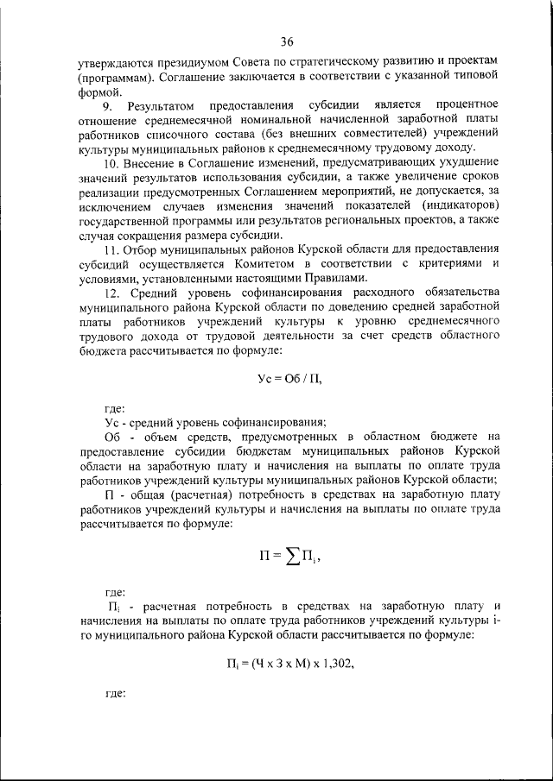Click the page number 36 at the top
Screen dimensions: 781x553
point(288,41)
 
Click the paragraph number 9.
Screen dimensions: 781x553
point(107,106)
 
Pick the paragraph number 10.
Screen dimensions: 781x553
point(111,163)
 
